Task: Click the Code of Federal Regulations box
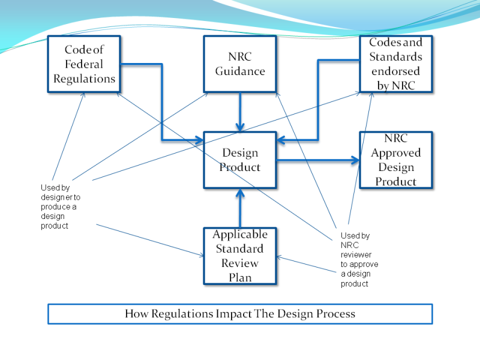[84, 64]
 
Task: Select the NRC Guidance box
[239, 64]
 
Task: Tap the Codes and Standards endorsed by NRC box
[395, 64]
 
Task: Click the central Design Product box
[239, 160]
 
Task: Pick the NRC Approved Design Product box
[395, 160]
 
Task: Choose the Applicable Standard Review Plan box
[239, 256]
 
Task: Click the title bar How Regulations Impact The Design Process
[240, 314]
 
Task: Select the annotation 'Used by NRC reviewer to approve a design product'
[359, 260]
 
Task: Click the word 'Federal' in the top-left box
[84, 64]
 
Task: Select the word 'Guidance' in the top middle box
[239, 71]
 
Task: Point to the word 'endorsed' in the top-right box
[395, 71]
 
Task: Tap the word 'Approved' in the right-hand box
[395, 153]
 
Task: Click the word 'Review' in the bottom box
[239, 263]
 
